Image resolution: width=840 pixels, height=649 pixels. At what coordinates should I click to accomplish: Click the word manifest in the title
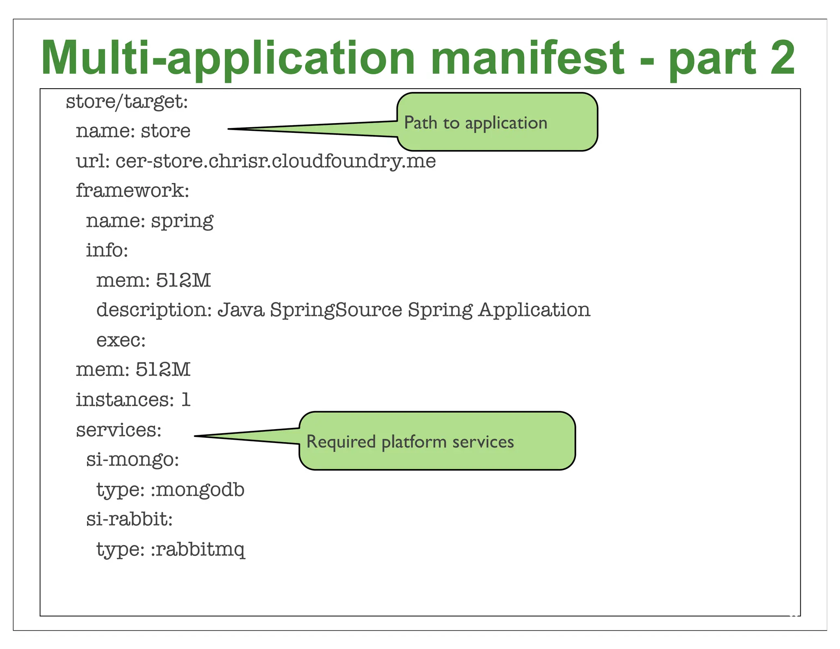tap(527, 58)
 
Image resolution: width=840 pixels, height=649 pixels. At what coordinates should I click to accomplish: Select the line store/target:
tap(127, 101)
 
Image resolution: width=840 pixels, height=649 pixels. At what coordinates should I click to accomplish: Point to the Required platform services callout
tap(437, 441)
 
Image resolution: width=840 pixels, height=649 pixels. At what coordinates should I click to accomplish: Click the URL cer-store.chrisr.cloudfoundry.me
tap(275, 161)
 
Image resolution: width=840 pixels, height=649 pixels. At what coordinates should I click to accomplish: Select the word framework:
tap(132, 191)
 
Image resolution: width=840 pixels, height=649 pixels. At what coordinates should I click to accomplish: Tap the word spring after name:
tap(182, 222)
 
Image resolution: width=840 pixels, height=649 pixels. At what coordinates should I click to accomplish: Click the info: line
tap(107, 250)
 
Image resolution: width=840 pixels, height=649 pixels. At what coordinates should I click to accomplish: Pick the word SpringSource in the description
tap(336, 310)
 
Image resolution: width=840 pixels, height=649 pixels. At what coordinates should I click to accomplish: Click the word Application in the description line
tap(534, 310)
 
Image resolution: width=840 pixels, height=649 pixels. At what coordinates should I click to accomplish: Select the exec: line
tap(121, 340)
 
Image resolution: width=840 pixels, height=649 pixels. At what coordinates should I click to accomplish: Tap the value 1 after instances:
tap(186, 400)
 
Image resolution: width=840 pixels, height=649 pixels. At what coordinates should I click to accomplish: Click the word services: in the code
tap(119, 430)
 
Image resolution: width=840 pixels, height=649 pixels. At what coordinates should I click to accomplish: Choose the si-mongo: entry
tap(132, 459)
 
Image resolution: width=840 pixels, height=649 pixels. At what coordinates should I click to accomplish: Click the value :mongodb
tap(198, 490)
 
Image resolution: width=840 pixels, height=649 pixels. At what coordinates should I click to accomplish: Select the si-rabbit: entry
tap(129, 519)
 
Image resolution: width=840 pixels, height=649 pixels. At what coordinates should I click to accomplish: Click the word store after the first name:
tap(166, 131)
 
